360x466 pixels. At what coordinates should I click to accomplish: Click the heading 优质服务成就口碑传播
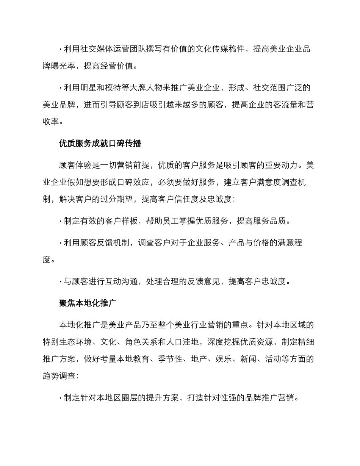point(100,143)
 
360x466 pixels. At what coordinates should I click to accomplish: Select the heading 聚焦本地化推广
point(88,303)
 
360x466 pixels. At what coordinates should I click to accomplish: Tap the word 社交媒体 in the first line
point(97,49)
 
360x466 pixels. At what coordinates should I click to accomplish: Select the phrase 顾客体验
point(76,165)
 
